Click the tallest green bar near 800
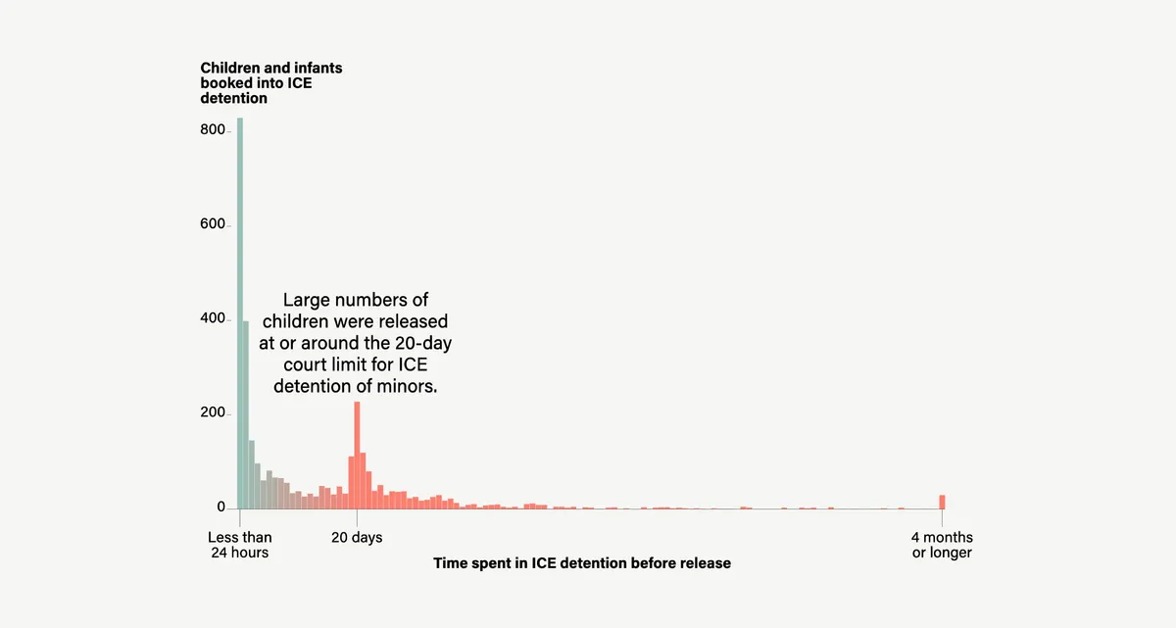tap(239, 314)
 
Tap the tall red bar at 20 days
tap(357, 456)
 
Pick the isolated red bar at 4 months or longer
tap(942, 502)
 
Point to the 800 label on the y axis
tap(214, 130)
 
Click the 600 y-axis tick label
tap(214, 224)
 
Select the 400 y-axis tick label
tap(214, 319)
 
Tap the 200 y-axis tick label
tap(214, 413)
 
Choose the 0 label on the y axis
tap(221, 507)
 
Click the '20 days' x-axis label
tap(357, 538)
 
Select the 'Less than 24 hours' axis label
tap(240, 545)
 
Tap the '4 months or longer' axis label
tap(942, 545)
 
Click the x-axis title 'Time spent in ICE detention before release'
tap(582, 563)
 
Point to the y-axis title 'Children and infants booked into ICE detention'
tap(271, 83)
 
